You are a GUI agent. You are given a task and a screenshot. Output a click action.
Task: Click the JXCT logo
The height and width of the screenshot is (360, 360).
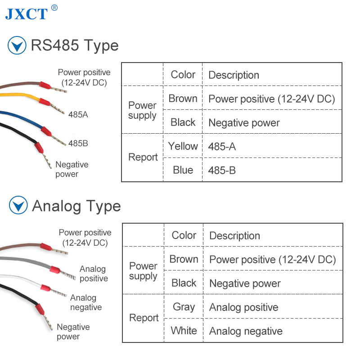[31, 13]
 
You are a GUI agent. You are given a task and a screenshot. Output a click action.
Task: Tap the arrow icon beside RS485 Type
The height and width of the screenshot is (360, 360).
[17, 45]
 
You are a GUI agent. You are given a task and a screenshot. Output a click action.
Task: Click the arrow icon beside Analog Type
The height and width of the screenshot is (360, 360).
[18, 205]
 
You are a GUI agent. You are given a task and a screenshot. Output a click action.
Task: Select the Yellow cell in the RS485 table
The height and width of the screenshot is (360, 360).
[183, 146]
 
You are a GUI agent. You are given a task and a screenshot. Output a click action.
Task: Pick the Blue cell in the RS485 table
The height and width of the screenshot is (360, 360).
[183, 170]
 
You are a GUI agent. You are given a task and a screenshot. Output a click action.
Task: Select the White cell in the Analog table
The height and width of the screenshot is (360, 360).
[184, 331]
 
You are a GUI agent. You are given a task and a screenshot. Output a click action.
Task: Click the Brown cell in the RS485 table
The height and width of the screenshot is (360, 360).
[183, 99]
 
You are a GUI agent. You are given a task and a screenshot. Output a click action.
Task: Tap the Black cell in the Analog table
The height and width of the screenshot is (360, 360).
[184, 283]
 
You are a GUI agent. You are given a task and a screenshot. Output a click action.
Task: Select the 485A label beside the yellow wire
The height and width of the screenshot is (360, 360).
[78, 114]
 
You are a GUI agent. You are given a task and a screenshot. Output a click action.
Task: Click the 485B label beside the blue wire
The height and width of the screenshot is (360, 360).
[78, 143]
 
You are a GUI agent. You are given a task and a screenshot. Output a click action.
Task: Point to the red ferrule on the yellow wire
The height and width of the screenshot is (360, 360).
[45, 102]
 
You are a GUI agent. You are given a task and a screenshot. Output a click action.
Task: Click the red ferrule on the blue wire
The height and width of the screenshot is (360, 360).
[46, 131]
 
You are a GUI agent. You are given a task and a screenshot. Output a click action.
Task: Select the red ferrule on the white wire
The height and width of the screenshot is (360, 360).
[46, 288]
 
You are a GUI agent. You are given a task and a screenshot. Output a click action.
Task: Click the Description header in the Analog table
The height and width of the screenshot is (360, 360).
[234, 236]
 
